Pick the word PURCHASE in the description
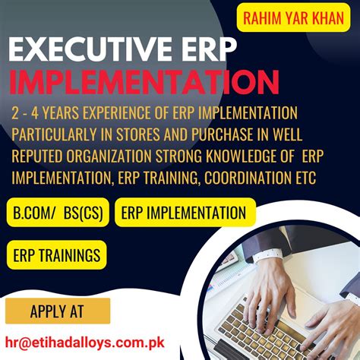(224, 135)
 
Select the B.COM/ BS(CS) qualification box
(58, 213)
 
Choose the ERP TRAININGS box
(56, 254)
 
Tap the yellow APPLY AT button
(58, 311)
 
